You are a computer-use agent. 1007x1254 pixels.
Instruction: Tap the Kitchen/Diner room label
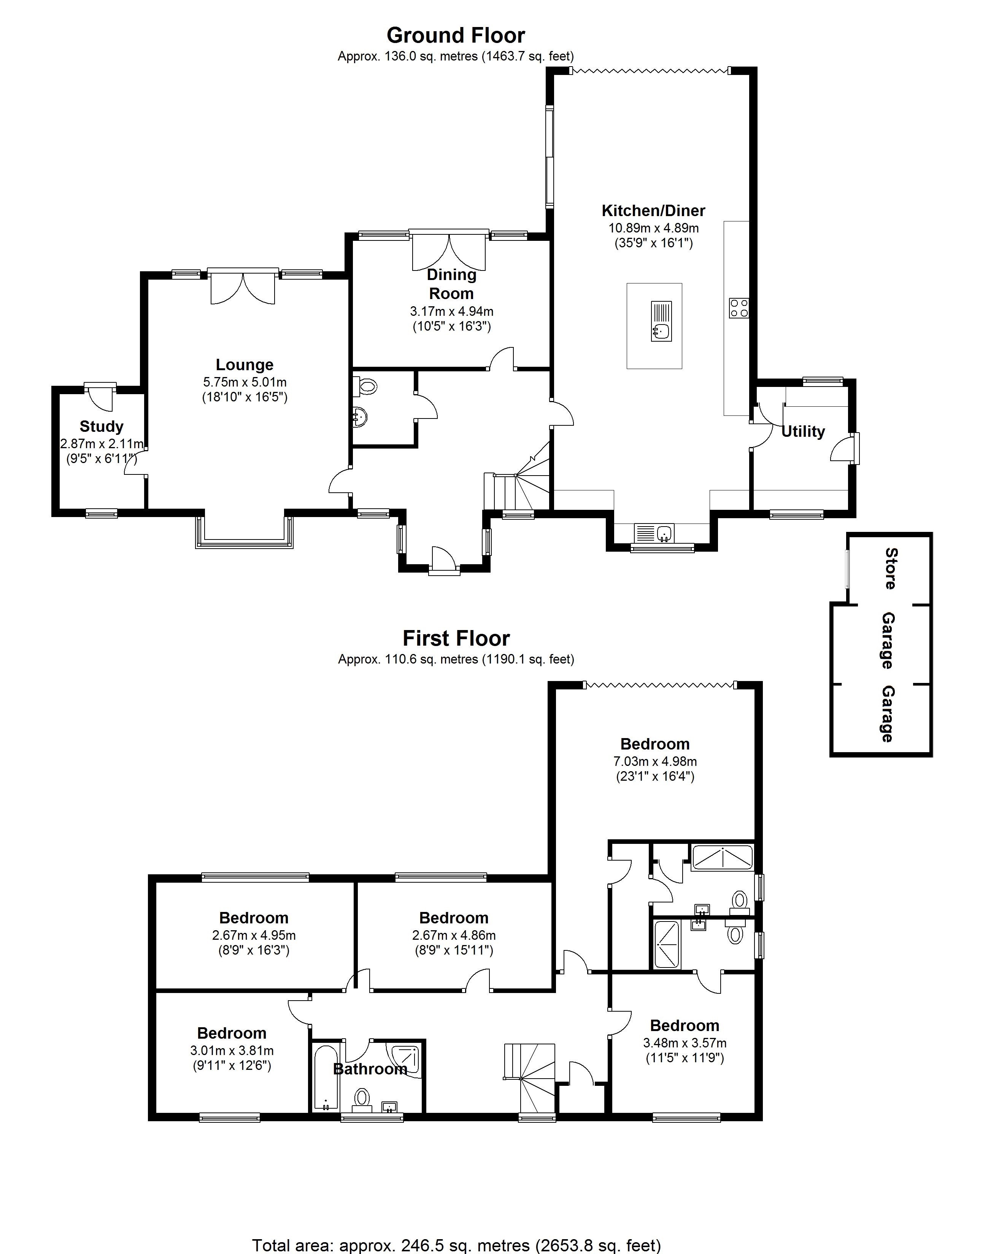point(653,210)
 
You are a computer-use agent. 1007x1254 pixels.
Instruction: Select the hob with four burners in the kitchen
point(739,308)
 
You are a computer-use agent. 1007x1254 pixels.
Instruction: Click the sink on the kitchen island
point(661,331)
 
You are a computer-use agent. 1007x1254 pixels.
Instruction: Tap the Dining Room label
point(451,284)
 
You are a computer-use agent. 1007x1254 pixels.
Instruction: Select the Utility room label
point(802,431)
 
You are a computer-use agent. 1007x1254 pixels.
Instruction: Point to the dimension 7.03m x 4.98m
point(655,761)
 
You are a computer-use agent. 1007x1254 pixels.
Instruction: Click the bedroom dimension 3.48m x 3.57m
point(684,1043)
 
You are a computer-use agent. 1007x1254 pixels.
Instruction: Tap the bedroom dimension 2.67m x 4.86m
point(454,935)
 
